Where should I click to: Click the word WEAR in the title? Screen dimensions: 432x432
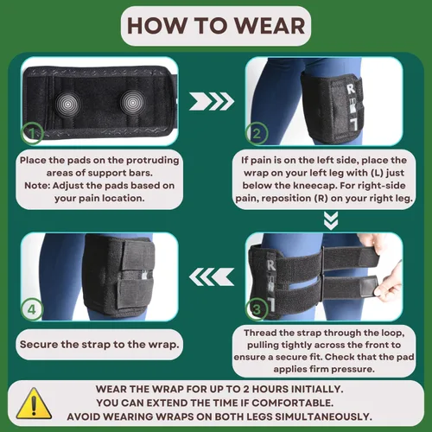270,26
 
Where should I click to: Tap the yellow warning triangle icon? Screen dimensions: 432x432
34,403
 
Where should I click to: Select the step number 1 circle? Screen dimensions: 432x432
32,133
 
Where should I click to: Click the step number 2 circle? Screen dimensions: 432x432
257,133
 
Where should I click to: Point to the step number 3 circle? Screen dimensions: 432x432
257,309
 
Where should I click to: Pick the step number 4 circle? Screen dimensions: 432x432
32,309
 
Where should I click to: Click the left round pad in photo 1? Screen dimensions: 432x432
67,103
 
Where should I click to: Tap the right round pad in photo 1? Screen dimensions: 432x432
132,102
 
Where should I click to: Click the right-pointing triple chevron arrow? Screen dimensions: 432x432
212,101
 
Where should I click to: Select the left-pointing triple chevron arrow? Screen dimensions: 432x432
212,276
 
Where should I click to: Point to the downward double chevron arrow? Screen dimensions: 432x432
331,220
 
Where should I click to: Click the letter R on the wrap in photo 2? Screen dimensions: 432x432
351,89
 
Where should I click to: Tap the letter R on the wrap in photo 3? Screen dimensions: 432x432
271,265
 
